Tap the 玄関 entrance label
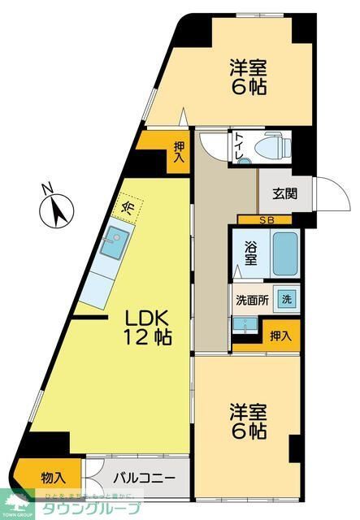pos(284,193)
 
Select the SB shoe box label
pos(265,220)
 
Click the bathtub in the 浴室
pos(285,254)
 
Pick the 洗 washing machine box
pos(286,298)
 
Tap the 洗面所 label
pos(252,298)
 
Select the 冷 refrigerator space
pos(128,206)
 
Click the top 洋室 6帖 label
pos(249,76)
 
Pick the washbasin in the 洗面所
pos(244,323)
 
